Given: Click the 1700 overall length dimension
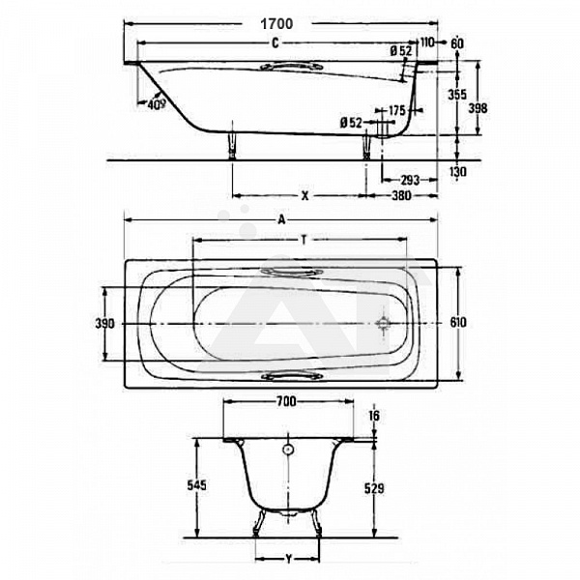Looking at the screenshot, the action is [276, 24].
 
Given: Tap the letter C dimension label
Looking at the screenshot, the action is [275, 43].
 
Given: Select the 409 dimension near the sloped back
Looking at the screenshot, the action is [157, 104].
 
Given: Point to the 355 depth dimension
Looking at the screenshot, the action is [457, 95].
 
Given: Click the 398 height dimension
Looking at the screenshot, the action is [478, 108].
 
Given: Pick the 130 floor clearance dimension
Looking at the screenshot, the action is [457, 172].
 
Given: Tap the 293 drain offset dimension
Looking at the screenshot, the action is [410, 180].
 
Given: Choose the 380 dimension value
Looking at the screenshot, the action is [402, 195].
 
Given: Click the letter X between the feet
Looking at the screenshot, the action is [304, 195].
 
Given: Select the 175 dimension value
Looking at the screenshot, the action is [397, 110].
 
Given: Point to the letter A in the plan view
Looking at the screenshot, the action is [282, 220].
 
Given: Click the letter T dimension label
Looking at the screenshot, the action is [304, 241].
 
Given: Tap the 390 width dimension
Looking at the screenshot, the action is [105, 324].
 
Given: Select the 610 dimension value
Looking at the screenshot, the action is [458, 323].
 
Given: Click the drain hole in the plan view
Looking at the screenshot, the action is [383, 323].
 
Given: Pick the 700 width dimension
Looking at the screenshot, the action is [287, 401].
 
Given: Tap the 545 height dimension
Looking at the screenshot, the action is [196, 485].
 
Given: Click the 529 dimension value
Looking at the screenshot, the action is [374, 488].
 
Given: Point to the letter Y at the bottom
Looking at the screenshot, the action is [288, 559].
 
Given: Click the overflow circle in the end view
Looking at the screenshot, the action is [288, 449].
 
